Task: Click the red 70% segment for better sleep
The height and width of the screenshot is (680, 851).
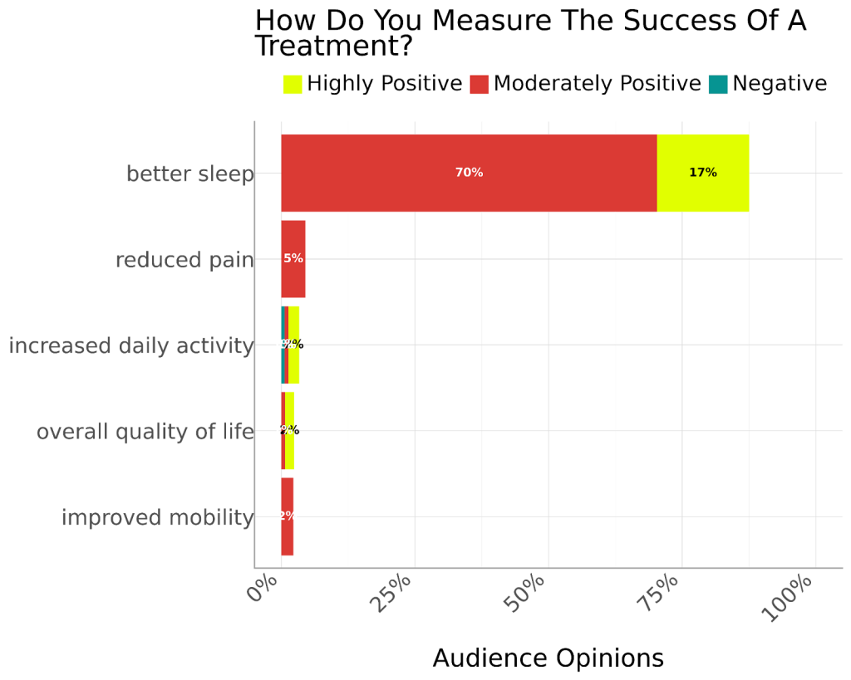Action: click(469, 173)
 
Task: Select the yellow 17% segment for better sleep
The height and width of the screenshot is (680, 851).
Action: click(702, 173)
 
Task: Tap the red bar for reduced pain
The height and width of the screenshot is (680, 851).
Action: click(293, 258)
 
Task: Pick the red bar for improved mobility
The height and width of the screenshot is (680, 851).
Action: click(288, 516)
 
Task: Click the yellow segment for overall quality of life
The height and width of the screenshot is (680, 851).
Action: click(290, 430)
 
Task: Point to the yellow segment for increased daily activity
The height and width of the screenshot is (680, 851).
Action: click(294, 345)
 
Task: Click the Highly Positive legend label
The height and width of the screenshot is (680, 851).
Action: click(384, 84)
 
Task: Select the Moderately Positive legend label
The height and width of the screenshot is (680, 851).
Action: click(597, 84)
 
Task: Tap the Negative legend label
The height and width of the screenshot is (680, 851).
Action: click(779, 84)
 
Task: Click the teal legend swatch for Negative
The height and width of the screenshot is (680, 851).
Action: click(718, 84)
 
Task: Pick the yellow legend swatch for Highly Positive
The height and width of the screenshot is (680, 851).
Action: click(293, 84)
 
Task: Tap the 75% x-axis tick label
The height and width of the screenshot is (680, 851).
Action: click(658, 593)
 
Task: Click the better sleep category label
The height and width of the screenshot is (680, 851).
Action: click(189, 174)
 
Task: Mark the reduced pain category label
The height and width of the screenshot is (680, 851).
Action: click(184, 261)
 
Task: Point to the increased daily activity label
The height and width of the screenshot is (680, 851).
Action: click(130, 346)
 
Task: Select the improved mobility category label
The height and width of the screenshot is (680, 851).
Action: click(157, 518)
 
